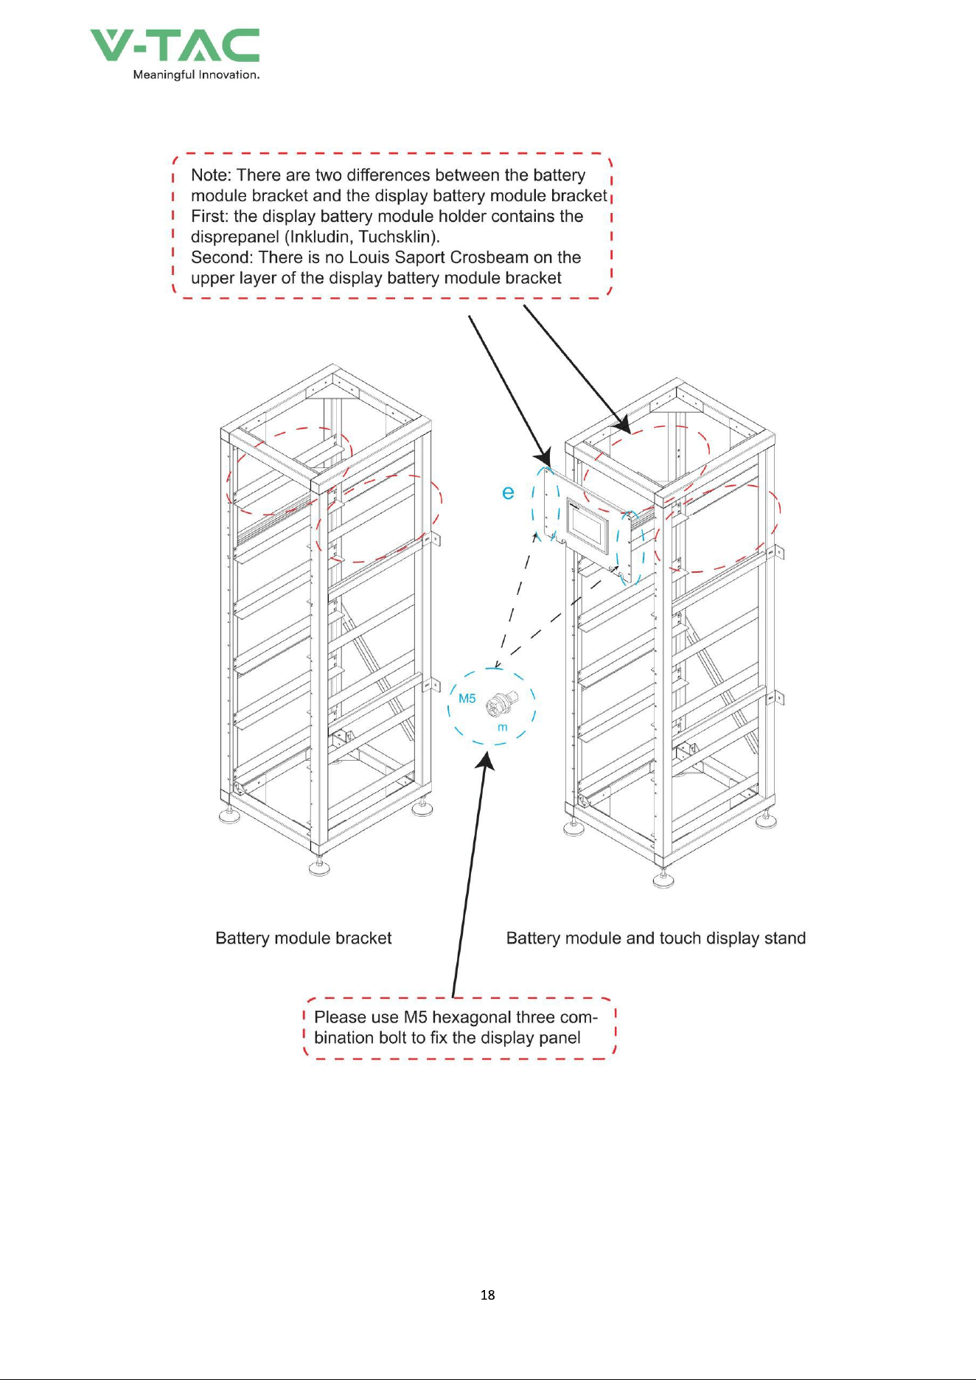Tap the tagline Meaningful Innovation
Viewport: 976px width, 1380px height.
pos(196,74)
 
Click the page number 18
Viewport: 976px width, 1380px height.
pos(488,1294)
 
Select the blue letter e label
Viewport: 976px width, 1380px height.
pos(508,492)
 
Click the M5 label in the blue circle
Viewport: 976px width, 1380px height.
pos(467,698)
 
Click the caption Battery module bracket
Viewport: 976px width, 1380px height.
pos(304,938)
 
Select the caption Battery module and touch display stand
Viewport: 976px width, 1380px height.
pos(656,938)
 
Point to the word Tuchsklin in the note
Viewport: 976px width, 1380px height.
pos(397,237)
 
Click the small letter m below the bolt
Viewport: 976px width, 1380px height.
pos(503,728)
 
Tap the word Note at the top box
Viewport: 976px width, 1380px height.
pos(209,175)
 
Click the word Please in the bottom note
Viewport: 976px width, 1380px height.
pos(341,1017)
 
